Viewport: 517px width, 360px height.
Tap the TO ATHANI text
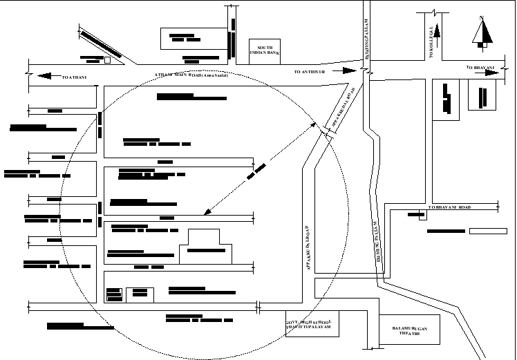click(75, 77)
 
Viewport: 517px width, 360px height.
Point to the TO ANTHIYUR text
click(309, 72)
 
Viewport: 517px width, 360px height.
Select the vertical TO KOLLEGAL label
click(431, 41)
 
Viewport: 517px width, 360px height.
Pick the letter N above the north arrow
click(482, 18)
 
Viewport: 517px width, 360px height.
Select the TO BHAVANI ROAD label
click(449, 207)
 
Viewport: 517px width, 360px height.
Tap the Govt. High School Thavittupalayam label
click(312, 326)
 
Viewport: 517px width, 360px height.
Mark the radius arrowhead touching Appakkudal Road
click(316, 126)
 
